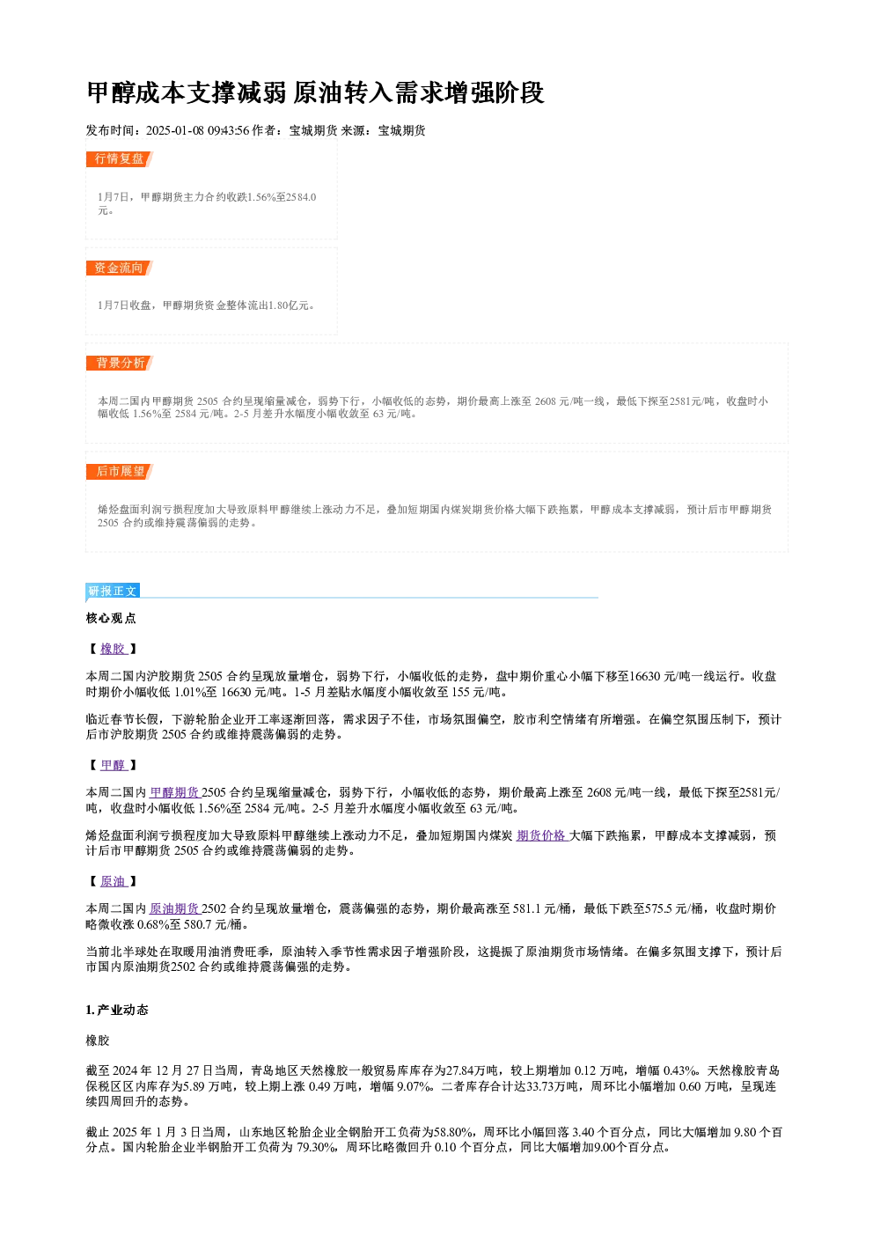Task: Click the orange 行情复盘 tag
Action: [119, 158]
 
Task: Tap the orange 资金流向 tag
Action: [119, 268]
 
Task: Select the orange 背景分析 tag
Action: [119, 363]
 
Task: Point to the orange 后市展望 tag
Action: [119, 472]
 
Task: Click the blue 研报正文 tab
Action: [113, 591]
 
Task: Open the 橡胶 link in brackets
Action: [114, 649]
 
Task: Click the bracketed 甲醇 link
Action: [114, 765]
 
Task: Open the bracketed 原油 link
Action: [114, 882]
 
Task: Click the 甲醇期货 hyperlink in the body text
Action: [175, 793]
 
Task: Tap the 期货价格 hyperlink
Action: [542, 836]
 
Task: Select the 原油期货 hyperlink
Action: [175, 908]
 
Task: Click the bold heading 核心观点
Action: [111, 619]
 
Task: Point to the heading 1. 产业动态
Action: [117, 1010]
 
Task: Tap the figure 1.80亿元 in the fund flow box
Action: [289, 305]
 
